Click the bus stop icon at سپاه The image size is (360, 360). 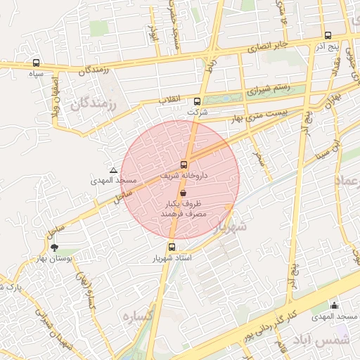(36, 63)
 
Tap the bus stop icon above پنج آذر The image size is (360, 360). (328, 35)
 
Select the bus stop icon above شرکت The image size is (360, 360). (197, 101)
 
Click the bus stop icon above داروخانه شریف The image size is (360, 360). (184, 165)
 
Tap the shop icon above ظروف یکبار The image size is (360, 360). (184, 192)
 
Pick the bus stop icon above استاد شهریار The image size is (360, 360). (172, 247)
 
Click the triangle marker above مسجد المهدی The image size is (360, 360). (113, 171)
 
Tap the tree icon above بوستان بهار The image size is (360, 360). (55, 247)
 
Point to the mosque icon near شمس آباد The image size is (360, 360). (334, 305)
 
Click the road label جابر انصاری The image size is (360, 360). (267, 47)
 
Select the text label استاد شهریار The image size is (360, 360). (172, 258)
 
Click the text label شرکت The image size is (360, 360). (198, 112)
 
